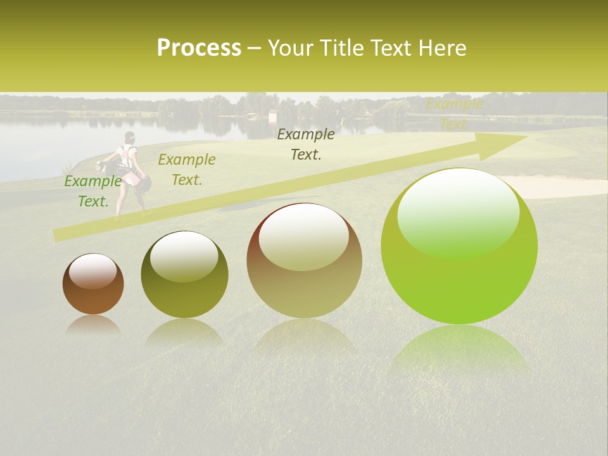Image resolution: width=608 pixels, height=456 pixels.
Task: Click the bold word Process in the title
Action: (x=199, y=48)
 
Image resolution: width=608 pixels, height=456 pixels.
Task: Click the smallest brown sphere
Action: (x=93, y=284)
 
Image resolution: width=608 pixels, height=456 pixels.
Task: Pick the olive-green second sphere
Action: (x=184, y=274)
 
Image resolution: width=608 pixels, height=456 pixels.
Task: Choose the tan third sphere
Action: (x=304, y=260)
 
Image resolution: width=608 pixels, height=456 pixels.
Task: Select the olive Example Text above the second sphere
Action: (x=187, y=170)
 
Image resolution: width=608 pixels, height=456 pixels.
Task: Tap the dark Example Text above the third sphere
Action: (x=306, y=144)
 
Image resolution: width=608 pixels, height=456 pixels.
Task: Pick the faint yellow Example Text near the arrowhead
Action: (x=454, y=114)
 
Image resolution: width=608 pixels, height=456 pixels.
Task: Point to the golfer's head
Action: (x=130, y=136)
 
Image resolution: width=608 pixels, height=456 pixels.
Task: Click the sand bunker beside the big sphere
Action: (x=564, y=186)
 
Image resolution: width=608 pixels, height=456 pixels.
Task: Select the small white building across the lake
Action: (x=273, y=117)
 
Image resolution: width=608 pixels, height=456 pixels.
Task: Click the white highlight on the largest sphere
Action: (x=458, y=212)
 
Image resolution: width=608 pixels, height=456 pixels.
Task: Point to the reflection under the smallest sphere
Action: (x=93, y=324)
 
